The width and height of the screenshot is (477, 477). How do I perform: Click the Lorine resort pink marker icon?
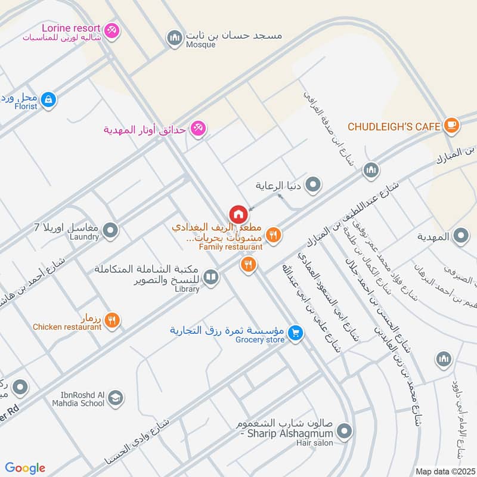pyautogui.click(x=111, y=30)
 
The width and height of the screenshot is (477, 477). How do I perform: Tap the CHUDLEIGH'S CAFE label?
pyautogui.click(x=394, y=126)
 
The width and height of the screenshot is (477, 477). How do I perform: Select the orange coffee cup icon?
pyautogui.click(x=451, y=125)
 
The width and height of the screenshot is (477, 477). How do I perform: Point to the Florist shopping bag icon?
pyautogui.click(x=49, y=100)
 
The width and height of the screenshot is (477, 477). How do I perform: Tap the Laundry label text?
pyautogui.click(x=83, y=237)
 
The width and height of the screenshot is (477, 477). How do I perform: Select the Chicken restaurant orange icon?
pyautogui.click(x=111, y=321)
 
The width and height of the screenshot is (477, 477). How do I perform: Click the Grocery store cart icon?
pyautogui.click(x=295, y=333)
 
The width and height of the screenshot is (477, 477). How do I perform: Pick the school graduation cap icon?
pyautogui.click(x=116, y=398)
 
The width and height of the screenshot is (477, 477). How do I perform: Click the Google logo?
pyautogui.click(x=25, y=468)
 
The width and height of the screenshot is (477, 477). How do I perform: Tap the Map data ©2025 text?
pyautogui.click(x=444, y=471)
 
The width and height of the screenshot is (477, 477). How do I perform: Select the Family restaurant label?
pyautogui.click(x=231, y=247)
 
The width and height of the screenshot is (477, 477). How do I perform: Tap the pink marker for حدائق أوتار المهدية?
pyautogui.click(x=197, y=128)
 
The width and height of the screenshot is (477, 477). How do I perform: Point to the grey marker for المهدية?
pyautogui.click(x=460, y=237)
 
